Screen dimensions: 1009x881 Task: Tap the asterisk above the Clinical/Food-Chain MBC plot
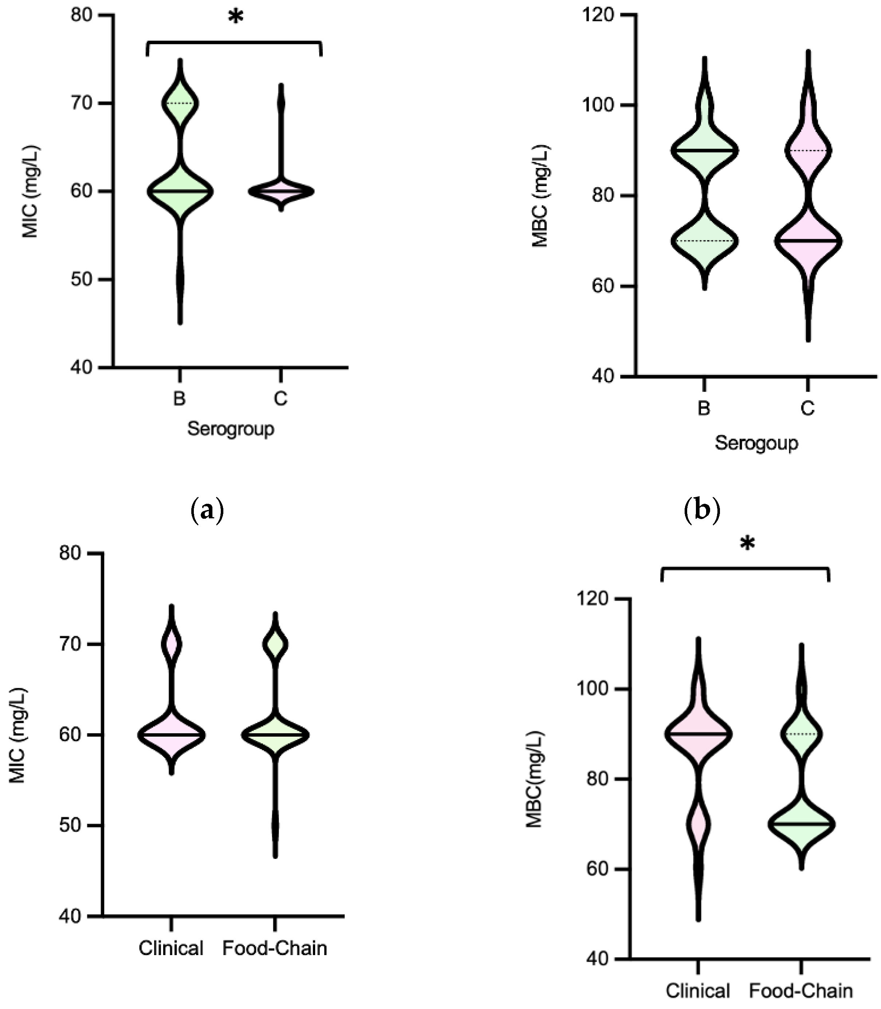tap(747, 544)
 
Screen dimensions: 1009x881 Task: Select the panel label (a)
tap(207, 511)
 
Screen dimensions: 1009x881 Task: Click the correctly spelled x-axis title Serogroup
tap(231, 429)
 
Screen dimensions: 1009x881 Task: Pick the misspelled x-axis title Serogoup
tap(756, 443)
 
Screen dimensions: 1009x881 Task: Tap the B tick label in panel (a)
tap(180, 398)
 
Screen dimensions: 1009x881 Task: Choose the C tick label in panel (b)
tap(807, 408)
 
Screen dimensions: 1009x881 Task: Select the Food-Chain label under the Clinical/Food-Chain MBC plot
tap(800, 991)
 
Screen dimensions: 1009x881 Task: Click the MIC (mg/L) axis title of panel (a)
tap(31, 191)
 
